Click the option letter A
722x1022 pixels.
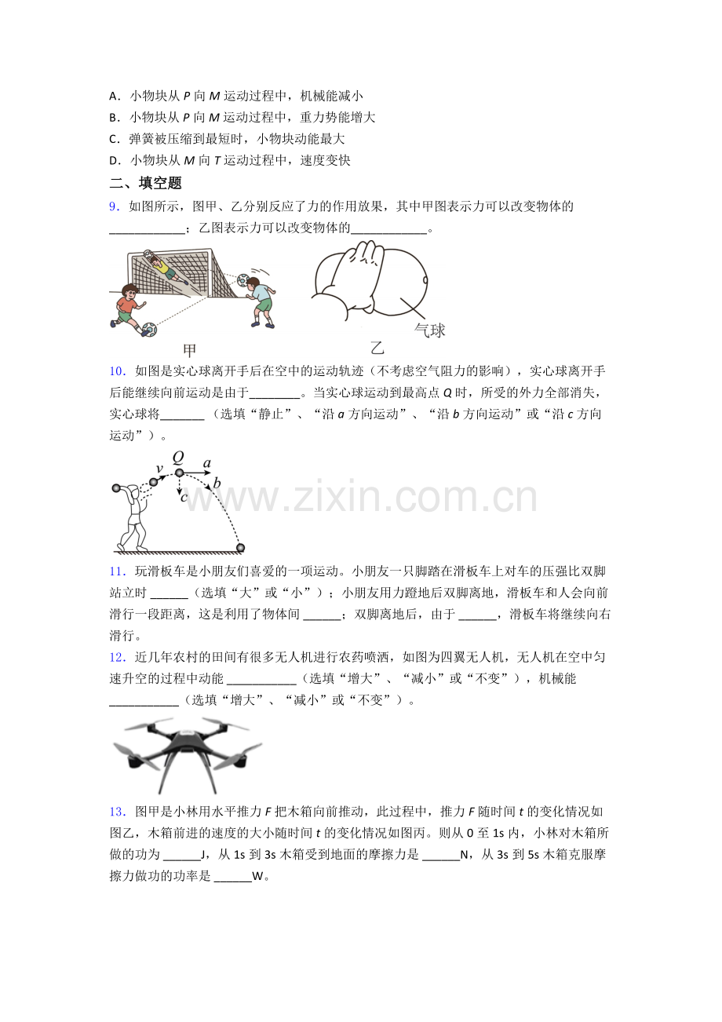tap(114, 97)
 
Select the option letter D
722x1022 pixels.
tap(114, 161)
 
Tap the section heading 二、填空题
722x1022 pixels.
tap(145, 183)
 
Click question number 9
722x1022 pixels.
tap(114, 206)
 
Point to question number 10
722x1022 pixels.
tap(117, 371)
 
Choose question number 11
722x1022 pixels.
tap(117, 571)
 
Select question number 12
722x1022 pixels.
tap(117, 658)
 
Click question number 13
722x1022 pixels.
tap(117, 812)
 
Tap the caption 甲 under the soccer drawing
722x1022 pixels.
tap(189, 350)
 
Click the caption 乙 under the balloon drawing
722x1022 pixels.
tap(377, 348)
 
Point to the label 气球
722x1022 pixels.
tap(429, 330)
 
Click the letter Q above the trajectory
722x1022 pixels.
tap(178, 457)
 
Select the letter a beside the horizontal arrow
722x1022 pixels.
tap(207, 464)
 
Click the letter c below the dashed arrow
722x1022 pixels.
tap(184, 497)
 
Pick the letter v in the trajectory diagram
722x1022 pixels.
tap(159, 469)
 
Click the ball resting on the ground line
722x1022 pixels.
tap(240, 548)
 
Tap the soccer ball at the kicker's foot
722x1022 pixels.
tap(148, 330)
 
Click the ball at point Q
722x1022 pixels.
tap(179, 473)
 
